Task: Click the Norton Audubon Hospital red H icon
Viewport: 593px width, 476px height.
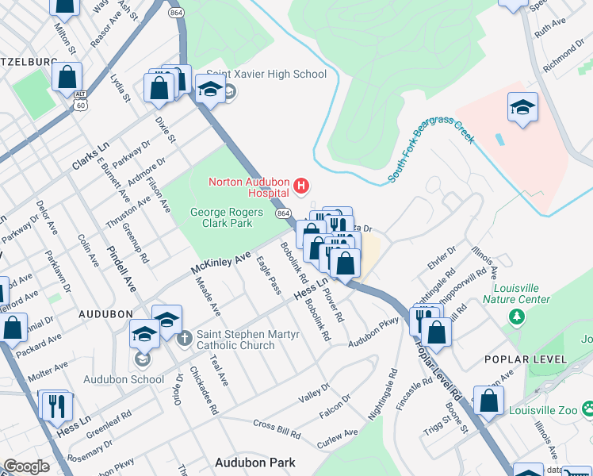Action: [x=301, y=187]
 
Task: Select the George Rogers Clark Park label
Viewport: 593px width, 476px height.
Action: [x=221, y=217]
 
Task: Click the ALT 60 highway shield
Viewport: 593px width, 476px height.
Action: [x=80, y=99]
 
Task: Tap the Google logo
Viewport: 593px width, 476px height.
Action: [x=27, y=466]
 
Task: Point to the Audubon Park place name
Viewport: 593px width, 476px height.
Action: [x=255, y=463]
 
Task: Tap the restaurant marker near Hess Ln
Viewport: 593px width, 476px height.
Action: [x=56, y=406]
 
